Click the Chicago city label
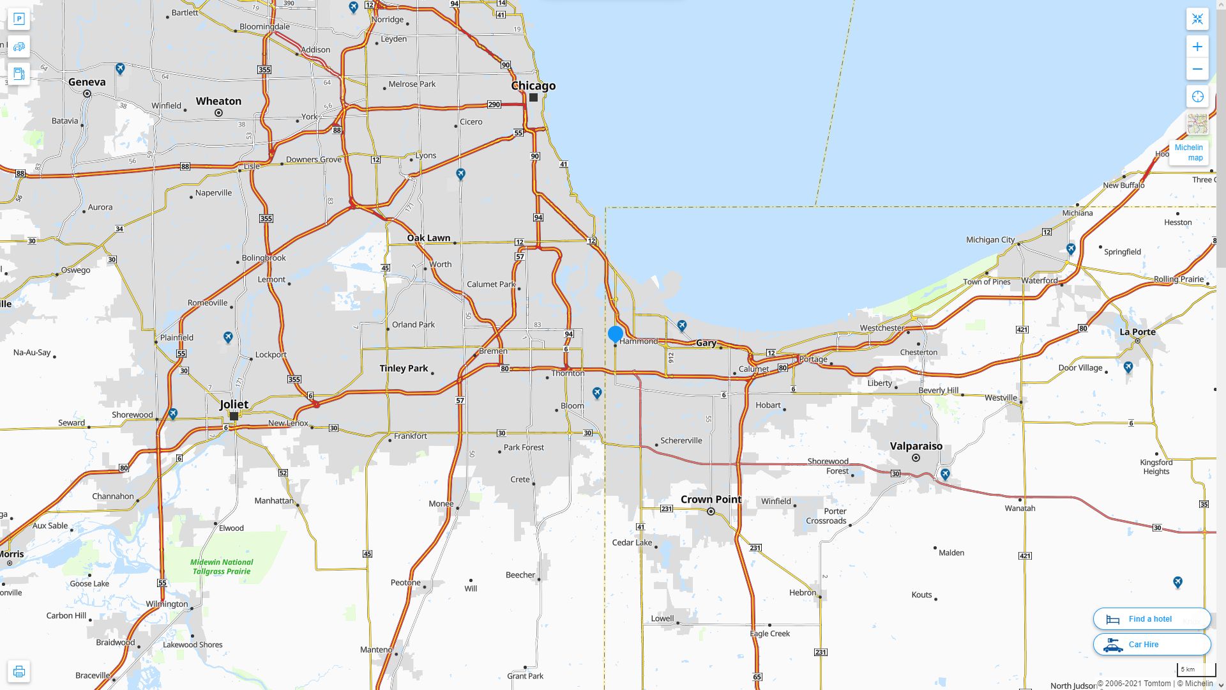pyautogui.click(x=533, y=86)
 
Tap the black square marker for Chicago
pyautogui.click(x=533, y=98)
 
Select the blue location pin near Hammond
pyautogui.click(x=616, y=333)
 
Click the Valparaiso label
pyautogui.click(x=916, y=446)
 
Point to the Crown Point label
pyautogui.click(x=711, y=499)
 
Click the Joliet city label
pyautogui.click(x=234, y=404)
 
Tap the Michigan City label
pyautogui.click(x=990, y=240)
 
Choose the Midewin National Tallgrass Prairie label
pyautogui.click(x=222, y=567)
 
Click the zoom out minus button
pyautogui.click(x=1197, y=69)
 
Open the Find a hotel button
pyautogui.click(x=1151, y=619)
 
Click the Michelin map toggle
pyautogui.click(x=1188, y=153)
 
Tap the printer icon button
pyautogui.click(x=19, y=671)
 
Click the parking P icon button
pyautogui.click(x=19, y=19)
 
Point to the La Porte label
pyautogui.click(x=1137, y=332)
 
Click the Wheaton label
pyautogui.click(x=218, y=101)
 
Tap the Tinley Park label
pyautogui.click(x=404, y=368)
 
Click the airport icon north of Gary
pyautogui.click(x=682, y=326)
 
